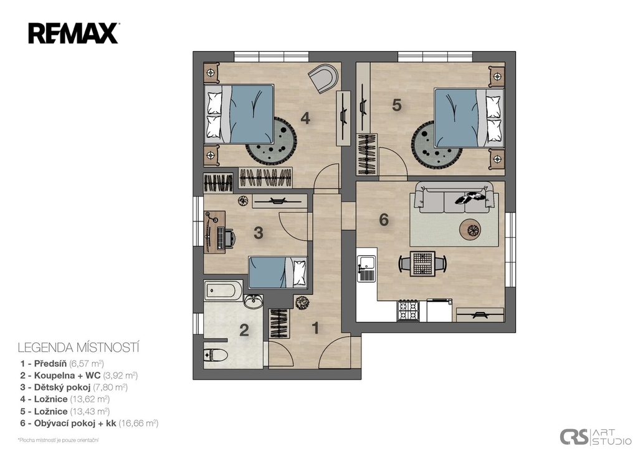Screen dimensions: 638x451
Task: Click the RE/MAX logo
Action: pyautogui.click(x=74, y=34)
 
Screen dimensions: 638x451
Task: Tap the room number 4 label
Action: pyautogui.click(x=305, y=118)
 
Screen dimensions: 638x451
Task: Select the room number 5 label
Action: pyautogui.click(x=397, y=105)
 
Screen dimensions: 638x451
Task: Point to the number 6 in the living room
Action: pyautogui.click(x=384, y=220)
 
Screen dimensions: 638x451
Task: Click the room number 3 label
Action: pyautogui.click(x=259, y=233)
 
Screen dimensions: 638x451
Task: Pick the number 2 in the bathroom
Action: pyautogui.click(x=244, y=330)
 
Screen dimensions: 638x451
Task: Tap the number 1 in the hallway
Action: pyautogui.click(x=315, y=328)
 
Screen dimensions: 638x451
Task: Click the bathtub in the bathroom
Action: pyautogui.click(x=224, y=290)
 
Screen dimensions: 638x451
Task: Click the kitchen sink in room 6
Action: pyautogui.click(x=367, y=268)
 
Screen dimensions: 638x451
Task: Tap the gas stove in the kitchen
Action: pyautogui.click(x=408, y=311)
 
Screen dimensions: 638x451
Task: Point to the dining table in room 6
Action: pyautogui.click(x=422, y=264)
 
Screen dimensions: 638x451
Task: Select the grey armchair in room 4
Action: pyautogui.click(x=323, y=78)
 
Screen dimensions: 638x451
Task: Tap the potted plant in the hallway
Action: pyautogui.click(x=302, y=303)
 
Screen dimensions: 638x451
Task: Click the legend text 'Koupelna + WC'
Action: pyautogui.click(x=67, y=376)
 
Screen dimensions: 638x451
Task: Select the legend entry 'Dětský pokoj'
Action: pyautogui.click(x=62, y=387)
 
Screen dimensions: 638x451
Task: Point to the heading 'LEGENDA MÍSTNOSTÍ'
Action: pyautogui.click(x=79, y=347)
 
